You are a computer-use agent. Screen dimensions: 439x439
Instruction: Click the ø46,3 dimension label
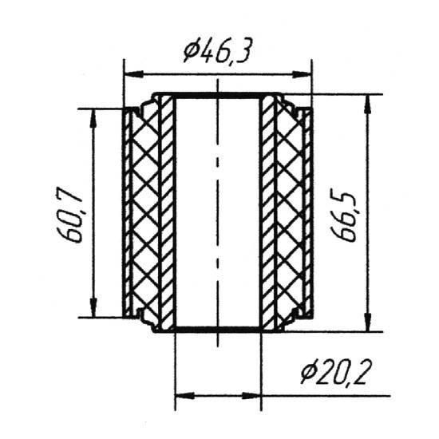coord(216,50)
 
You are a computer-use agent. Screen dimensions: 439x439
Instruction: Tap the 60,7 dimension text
coord(69,214)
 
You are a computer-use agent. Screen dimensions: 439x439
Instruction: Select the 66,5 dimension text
coord(343,215)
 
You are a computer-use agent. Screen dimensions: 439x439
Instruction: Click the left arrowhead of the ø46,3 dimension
coord(133,74)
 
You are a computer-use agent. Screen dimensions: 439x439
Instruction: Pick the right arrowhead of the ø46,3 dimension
coord(302,74)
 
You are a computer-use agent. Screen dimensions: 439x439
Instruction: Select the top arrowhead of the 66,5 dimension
coord(369,105)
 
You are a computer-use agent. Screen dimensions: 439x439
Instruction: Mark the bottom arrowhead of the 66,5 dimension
coord(369,322)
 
